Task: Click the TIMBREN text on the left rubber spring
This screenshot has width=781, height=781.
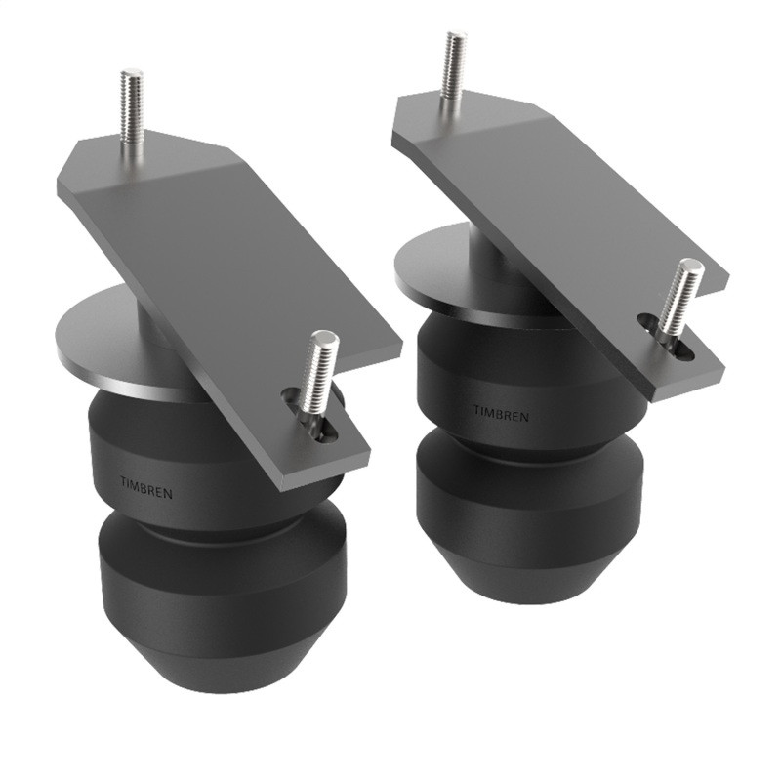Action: click(x=145, y=486)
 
